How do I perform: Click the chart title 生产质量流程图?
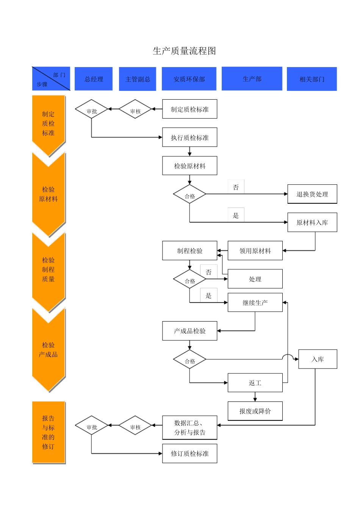tap(184, 51)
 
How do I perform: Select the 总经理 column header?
tap(94, 79)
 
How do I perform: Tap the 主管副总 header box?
tap(138, 79)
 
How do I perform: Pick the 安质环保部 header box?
tap(189, 79)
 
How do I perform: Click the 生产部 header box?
tap(252, 78)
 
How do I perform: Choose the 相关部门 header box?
tap(312, 79)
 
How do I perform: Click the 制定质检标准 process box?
tap(189, 109)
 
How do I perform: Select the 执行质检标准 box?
tap(189, 137)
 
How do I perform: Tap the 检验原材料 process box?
tap(189, 166)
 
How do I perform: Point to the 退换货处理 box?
tap(312, 194)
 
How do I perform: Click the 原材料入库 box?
tap(312, 222)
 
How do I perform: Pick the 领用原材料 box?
tap(255, 251)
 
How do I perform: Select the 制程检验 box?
tap(189, 251)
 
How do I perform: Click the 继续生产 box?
tap(255, 303)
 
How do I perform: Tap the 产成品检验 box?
tap(189, 331)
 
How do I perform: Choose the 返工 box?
tap(255, 383)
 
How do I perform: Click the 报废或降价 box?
tap(255, 411)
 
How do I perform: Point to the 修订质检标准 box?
tap(189, 453)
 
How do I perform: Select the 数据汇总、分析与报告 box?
tap(189, 428)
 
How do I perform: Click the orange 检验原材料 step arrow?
tap(49, 194)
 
